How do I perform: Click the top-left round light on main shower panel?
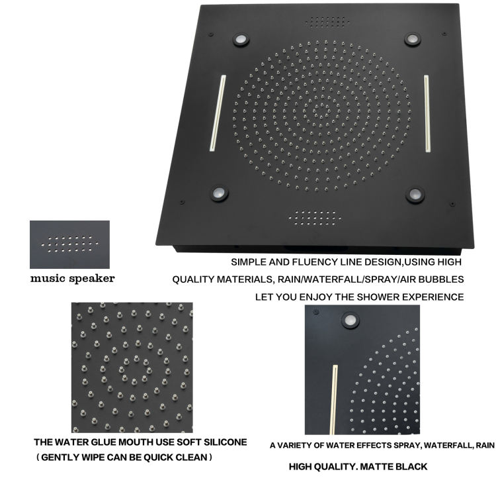tap(241, 40)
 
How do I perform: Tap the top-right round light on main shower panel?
tap(413, 40)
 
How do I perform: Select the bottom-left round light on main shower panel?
tap(219, 193)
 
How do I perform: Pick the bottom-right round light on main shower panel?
tap(415, 195)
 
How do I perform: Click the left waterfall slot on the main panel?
tap(218, 113)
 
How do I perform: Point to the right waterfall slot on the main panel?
tap(427, 113)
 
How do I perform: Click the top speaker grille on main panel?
tap(327, 22)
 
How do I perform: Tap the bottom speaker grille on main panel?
tap(315, 219)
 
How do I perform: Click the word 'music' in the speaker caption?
tap(48, 279)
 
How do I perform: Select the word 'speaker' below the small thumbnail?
tap(92, 279)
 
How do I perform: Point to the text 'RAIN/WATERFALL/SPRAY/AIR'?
tap(336, 279)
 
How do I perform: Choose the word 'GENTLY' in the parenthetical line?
tap(60, 458)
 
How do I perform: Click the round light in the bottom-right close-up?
tap(350, 320)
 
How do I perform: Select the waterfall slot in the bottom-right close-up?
tap(333, 400)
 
